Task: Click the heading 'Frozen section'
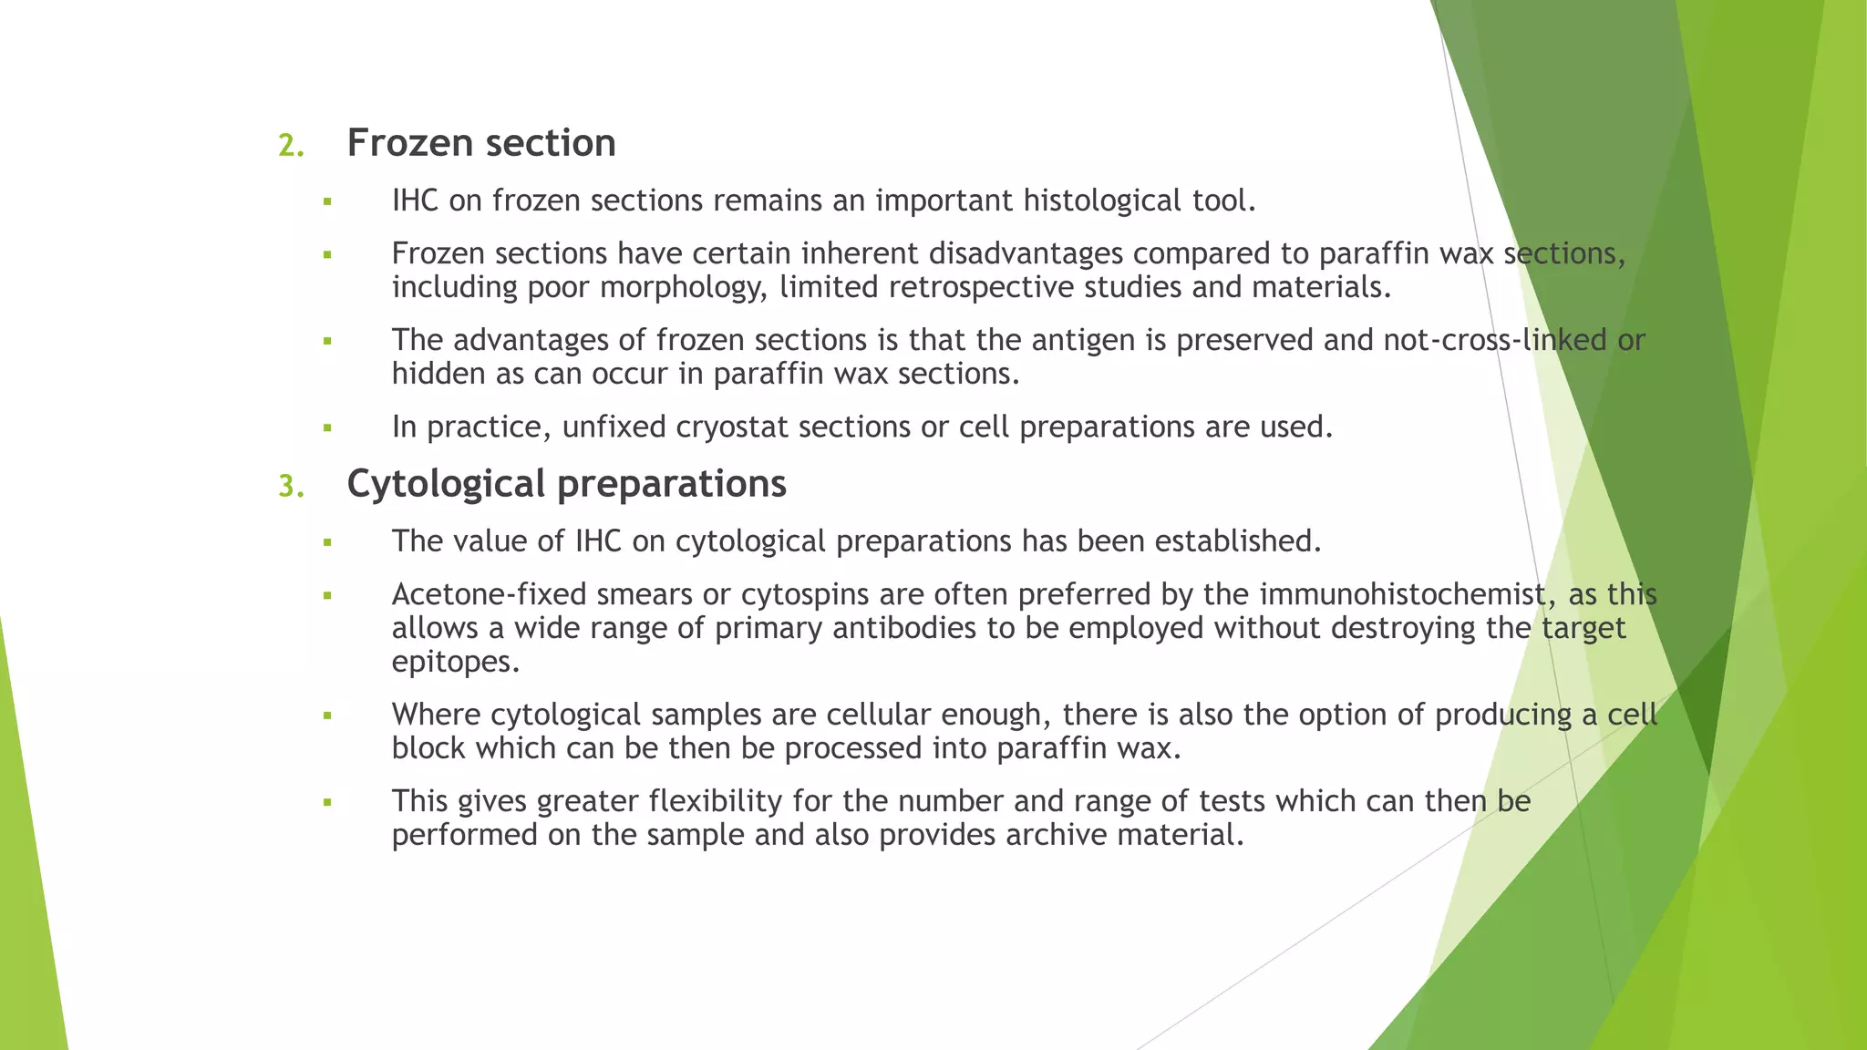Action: pos(481,143)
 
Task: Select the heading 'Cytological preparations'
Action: pos(566,484)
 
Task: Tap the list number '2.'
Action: pos(291,146)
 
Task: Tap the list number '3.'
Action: pos(291,487)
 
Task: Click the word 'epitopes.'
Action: pos(456,663)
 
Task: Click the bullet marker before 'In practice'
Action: pos(327,427)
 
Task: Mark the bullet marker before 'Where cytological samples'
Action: pos(327,715)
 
